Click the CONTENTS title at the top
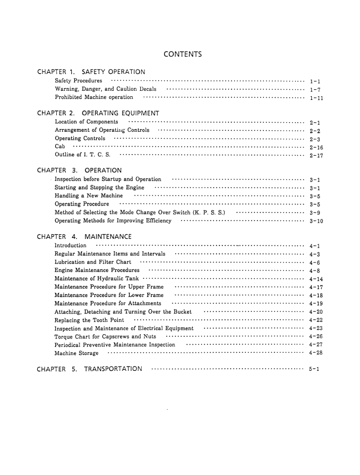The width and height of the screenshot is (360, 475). (x=182, y=54)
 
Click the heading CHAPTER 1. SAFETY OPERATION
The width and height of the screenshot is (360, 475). (x=92, y=72)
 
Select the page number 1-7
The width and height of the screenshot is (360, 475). (x=313, y=89)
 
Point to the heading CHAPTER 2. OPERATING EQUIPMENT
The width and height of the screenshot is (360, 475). (x=98, y=113)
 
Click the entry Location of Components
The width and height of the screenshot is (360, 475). (x=87, y=122)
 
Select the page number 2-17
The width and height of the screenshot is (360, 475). (x=315, y=156)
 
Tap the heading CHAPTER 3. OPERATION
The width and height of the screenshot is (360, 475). (x=80, y=171)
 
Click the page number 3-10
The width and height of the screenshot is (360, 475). (x=315, y=221)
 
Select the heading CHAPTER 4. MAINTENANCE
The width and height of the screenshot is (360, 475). (x=85, y=236)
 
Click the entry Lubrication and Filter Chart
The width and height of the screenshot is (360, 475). (x=93, y=262)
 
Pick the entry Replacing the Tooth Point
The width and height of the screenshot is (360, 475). (x=90, y=320)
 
